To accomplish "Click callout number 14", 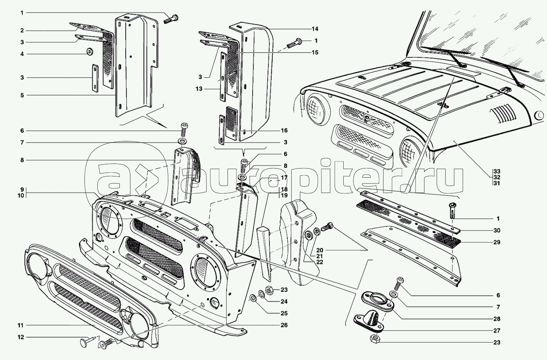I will click(314, 29).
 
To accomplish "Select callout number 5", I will click(22, 95).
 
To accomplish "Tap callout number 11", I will click(20, 325).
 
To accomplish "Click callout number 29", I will click(497, 242).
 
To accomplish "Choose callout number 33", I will click(497, 171).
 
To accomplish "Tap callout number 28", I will click(497, 319).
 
